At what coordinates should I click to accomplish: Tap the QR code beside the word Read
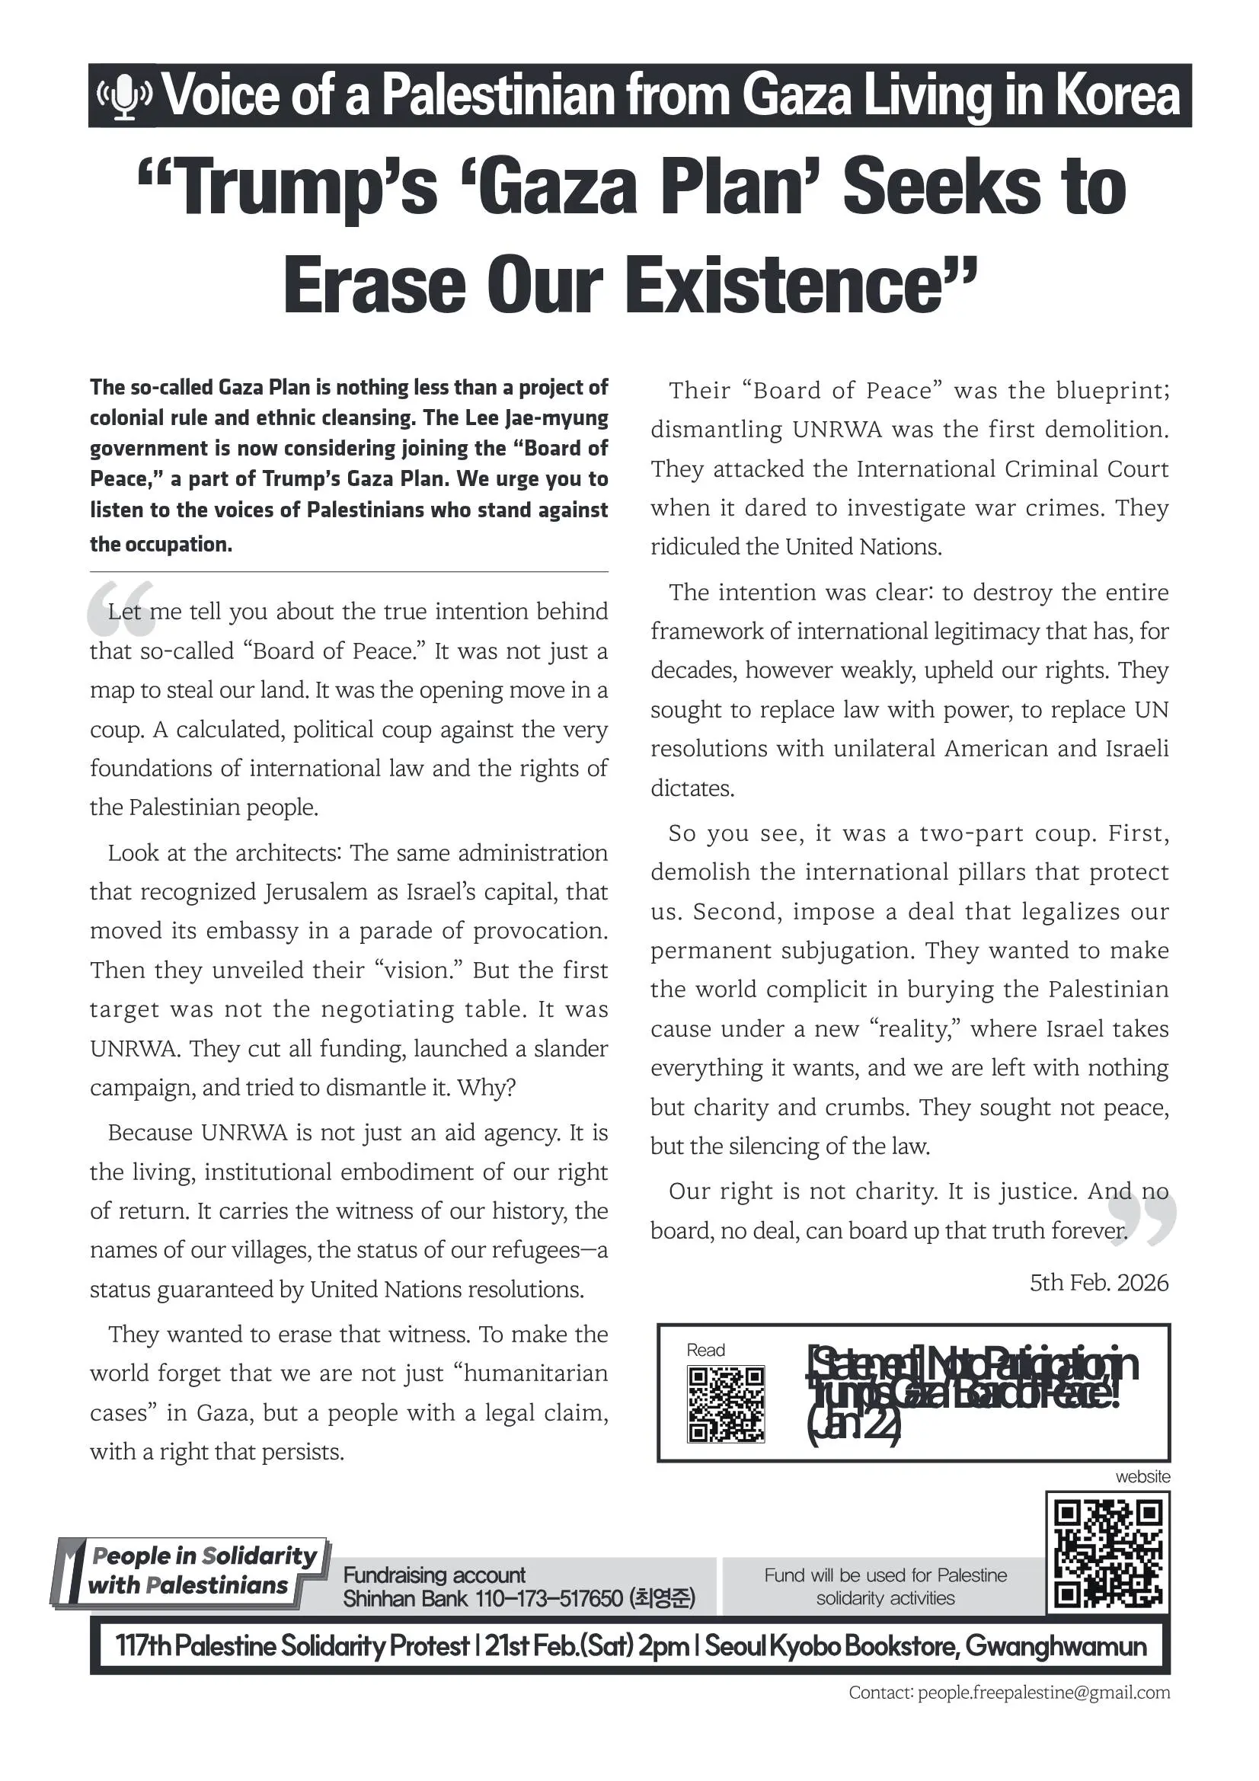pos(725,1404)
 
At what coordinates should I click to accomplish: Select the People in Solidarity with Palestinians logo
pos(190,1571)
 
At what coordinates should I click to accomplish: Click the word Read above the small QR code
pos(705,1350)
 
